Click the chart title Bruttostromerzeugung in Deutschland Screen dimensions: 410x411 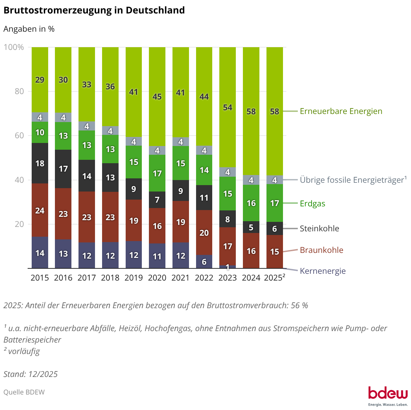tap(94, 10)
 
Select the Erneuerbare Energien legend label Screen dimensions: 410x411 tap(341, 111)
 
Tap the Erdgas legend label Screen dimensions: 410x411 tap(312, 204)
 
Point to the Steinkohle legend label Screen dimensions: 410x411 tap(319, 229)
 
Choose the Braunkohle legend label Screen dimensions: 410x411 tap(321, 250)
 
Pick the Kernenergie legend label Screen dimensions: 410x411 tap(323, 271)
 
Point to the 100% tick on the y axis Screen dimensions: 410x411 tap(14, 47)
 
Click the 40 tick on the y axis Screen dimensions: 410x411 tap(19, 180)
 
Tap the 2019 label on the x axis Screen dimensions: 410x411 tap(134, 278)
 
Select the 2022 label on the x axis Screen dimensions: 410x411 tap(204, 278)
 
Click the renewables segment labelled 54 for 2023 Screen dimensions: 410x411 tap(228, 107)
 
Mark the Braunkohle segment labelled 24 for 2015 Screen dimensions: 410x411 tap(40, 210)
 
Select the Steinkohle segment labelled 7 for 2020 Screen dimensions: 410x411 tap(157, 200)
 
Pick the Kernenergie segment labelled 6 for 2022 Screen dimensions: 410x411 tap(204, 262)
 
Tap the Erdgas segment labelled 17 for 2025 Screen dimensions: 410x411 tap(275, 203)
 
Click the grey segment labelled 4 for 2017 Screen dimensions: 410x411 tap(87, 126)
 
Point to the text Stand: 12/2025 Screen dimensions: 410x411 tap(31, 374)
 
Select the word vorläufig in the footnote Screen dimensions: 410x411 tap(24, 351)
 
